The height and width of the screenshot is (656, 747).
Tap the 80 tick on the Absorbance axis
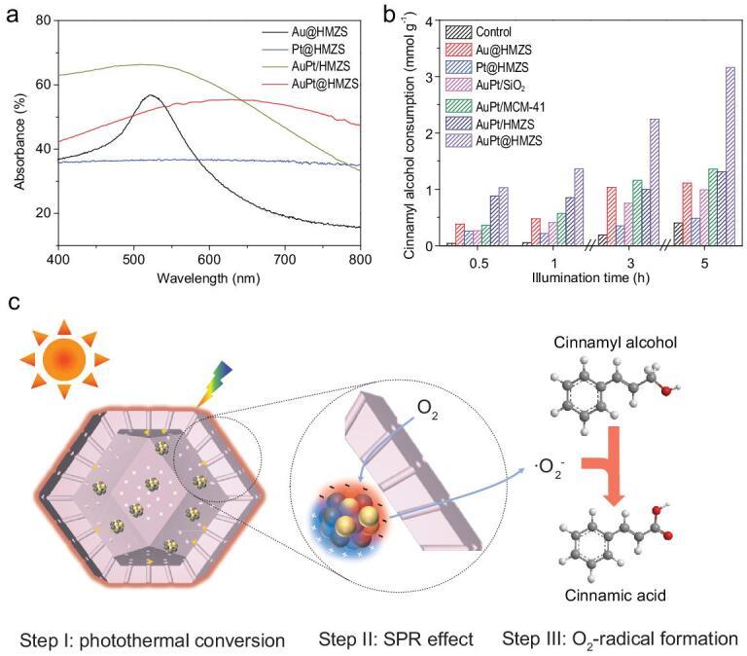pyautogui.click(x=42, y=19)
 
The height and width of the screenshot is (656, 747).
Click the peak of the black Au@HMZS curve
pyautogui.click(x=151, y=95)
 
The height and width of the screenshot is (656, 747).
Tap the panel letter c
pyautogui.click(x=13, y=304)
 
